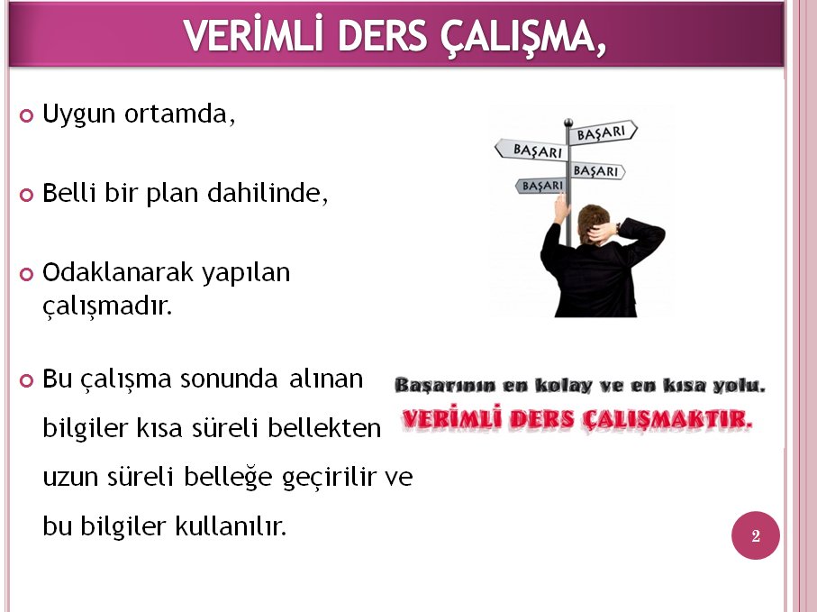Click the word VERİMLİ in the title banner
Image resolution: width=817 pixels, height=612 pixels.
253,35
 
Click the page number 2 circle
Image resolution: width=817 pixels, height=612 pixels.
756,535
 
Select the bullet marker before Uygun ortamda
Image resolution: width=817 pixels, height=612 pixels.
26,115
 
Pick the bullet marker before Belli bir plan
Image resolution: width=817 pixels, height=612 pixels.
26,195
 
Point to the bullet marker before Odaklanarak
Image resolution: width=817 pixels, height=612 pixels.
26,274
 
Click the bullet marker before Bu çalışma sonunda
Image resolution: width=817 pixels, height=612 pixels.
26,380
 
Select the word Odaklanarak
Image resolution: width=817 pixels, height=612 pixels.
117,272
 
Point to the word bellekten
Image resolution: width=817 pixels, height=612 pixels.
324,427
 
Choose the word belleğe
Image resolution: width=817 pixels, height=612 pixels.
228,477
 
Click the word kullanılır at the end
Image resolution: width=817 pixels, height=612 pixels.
231,525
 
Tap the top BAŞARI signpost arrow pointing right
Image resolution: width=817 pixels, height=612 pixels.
603,132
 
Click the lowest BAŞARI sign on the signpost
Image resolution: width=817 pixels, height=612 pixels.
541,186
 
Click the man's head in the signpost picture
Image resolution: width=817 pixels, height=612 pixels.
594,223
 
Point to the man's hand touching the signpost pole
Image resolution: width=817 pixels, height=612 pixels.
562,207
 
